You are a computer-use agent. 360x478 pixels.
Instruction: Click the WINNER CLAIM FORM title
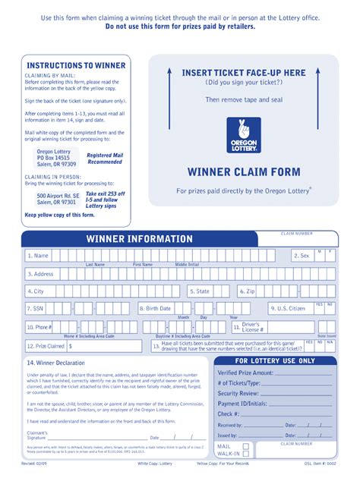[244, 171]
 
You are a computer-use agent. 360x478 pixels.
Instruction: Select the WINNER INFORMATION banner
[139, 239]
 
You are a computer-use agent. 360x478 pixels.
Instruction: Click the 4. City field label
[36, 291]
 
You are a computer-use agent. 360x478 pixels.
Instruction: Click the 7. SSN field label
[35, 309]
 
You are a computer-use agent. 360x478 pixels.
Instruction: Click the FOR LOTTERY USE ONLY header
[275, 361]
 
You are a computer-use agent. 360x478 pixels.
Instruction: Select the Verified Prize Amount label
[245, 373]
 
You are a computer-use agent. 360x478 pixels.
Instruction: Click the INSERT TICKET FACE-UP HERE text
[244, 73]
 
